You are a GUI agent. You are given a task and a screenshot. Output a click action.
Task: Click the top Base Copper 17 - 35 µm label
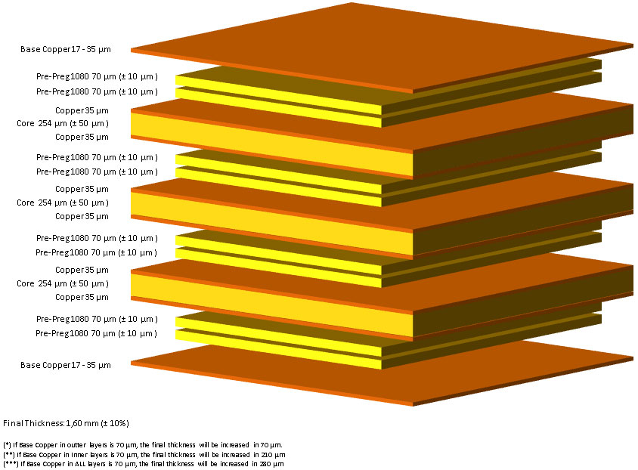pos(66,49)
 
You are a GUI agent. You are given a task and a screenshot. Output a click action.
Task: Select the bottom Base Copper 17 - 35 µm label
pos(66,365)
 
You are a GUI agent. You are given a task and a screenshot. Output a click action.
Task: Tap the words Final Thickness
pos(33,423)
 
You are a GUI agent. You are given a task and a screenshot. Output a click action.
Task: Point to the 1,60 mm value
pos(82,423)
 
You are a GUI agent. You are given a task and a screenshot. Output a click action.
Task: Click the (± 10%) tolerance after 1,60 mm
pos(115,423)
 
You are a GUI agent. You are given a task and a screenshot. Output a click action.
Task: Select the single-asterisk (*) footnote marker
pos(7,445)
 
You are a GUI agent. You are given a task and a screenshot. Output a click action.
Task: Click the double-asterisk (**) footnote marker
pos(9,455)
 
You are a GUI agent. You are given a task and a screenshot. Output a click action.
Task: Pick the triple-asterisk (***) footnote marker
pos(11,464)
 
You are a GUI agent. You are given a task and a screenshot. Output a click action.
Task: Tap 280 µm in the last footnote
pos(273,464)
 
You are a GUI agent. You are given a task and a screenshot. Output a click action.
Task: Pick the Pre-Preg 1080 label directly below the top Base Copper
pos(97,76)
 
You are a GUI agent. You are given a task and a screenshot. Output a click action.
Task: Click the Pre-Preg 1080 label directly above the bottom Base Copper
pos(97,333)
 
